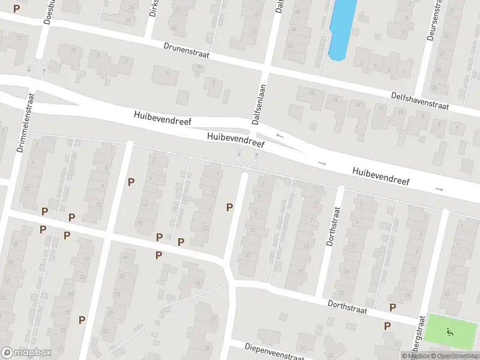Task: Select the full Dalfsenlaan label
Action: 257,106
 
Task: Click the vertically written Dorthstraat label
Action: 329,227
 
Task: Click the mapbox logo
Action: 26,352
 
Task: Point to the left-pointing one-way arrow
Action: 280,136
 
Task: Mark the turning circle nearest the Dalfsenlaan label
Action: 247,158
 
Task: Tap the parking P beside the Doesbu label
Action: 16,8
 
